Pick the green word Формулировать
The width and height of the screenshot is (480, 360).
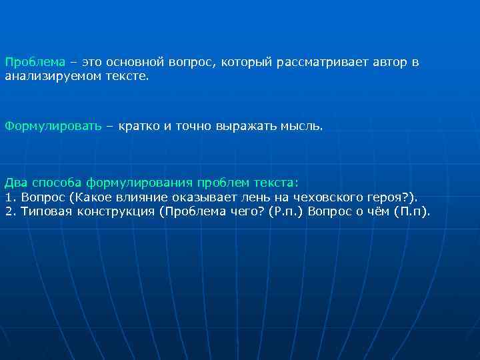tap(53, 125)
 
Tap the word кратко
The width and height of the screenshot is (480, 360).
tap(137, 125)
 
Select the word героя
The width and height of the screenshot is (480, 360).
tap(399, 197)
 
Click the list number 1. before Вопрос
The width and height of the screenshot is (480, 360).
tap(9, 197)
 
